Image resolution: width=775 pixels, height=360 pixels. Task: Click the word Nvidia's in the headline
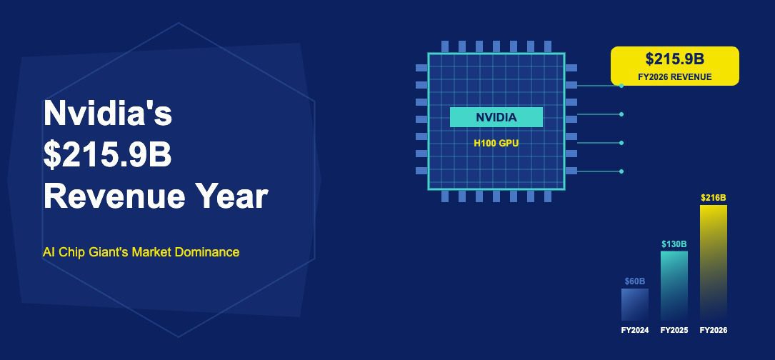[x=108, y=113]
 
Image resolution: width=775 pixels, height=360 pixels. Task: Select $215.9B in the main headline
[x=107, y=154]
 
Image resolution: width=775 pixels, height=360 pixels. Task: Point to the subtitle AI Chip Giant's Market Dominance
[x=141, y=252]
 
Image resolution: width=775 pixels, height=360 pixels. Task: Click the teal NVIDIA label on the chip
[x=496, y=117]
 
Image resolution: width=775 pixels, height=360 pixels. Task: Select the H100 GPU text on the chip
[x=496, y=144]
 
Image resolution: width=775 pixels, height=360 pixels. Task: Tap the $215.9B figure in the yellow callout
[x=675, y=59]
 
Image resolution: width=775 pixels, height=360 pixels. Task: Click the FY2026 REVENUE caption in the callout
[x=675, y=77]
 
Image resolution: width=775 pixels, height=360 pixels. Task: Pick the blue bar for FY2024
[x=634, y=304]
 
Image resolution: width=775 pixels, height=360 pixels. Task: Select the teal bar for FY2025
[x=674, y=286]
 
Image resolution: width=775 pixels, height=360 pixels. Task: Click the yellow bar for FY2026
[x=714, y=263]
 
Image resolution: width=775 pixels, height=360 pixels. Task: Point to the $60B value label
[x=634, y=281]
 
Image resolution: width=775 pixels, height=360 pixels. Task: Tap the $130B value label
[x=674, y=244]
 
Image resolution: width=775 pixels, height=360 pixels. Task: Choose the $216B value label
[x=714, y=198]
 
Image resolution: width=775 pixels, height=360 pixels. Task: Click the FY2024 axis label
[x=634, y=330]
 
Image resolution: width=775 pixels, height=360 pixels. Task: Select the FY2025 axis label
[x=674, y=330]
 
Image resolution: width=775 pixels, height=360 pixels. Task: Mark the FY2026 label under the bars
[x=714, y=330]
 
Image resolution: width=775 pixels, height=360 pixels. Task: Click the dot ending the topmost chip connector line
[x=621, y=86]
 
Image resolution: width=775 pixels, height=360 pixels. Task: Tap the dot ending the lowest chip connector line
[x=621, y=171]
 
